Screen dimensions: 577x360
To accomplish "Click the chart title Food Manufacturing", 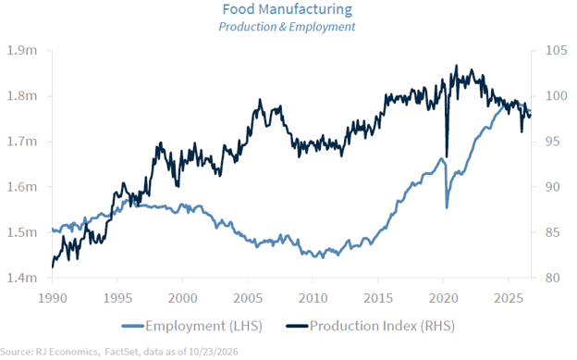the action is click(x=288, y=9).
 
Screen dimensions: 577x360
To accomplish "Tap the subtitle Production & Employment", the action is click(x=287, y=27).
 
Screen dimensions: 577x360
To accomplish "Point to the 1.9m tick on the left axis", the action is click(x=22, y=50).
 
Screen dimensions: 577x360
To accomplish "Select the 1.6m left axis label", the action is click(x=22, y=187).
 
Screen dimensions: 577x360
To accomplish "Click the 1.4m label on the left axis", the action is click(x=22, y=278).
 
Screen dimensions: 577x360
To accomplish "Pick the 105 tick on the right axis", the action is click(x=556, y=50).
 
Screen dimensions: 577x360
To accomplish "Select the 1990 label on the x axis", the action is click(x=53, y=298).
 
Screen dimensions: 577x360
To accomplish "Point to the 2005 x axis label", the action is click(x=248, y=298).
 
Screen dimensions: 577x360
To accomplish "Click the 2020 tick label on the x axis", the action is click(x=444, y=298).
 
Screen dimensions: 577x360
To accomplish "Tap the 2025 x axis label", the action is click(x=509, y=298).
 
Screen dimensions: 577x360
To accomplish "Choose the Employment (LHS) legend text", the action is click(x=203, y=326).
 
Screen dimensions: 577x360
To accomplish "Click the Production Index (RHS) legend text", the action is click(x=382, y=326).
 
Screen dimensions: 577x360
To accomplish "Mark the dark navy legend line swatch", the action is click(x=297, y=326).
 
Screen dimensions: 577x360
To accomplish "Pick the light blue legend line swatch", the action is click(x=132, y=326).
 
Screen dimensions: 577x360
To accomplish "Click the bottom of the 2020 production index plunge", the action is click(x=447, y=156).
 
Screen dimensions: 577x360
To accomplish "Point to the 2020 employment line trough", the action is click(x=447, y=208).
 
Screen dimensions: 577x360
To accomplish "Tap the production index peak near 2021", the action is click(x=457, y=66).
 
